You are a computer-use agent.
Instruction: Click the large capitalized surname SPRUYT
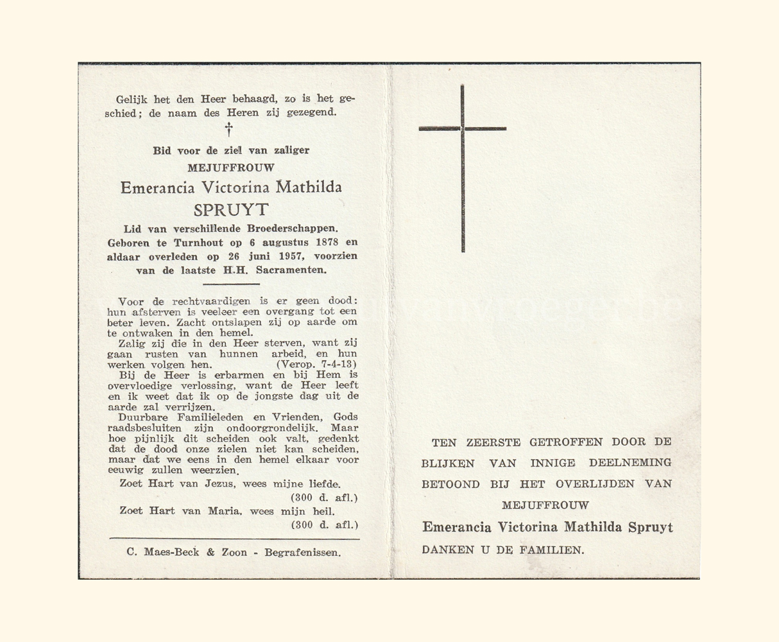231,210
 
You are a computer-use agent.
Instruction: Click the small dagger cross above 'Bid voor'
228,130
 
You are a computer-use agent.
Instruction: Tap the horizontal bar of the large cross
462,129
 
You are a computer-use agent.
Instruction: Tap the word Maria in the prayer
224,511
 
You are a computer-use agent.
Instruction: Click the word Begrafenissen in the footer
303,552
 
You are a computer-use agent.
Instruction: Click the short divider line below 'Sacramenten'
231,284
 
